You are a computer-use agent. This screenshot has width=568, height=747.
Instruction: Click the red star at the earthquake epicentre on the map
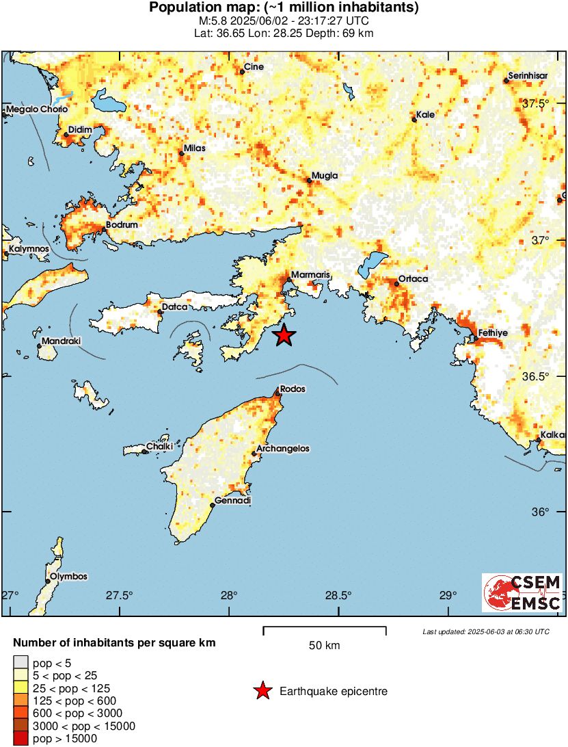284,335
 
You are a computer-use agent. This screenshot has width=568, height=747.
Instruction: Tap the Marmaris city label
310,275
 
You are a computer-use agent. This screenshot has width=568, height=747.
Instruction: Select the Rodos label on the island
293,389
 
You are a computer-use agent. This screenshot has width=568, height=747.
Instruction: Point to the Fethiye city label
492,332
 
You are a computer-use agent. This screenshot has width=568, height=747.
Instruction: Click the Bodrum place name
123,224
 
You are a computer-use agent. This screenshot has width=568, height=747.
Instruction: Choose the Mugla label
325,176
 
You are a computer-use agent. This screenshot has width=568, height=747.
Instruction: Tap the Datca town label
174,307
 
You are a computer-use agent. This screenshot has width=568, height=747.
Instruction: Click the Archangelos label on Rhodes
282,449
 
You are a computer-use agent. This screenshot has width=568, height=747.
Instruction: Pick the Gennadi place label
233,501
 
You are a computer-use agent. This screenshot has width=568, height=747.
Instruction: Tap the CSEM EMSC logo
523,592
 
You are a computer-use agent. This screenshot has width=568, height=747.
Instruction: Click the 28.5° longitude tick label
338,595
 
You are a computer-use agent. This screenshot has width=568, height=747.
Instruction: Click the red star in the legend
262,692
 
